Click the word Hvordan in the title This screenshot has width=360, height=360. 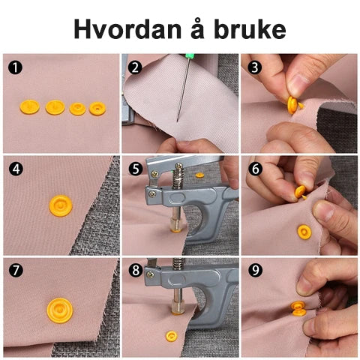127,29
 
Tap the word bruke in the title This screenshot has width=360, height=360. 250,29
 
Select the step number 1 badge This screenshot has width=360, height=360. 15,67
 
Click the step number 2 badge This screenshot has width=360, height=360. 135,67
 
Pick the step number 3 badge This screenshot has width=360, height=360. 254,67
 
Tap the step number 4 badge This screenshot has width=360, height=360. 16,169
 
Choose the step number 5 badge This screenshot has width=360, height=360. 135,169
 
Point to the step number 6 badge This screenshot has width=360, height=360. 255,169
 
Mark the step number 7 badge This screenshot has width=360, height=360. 16,270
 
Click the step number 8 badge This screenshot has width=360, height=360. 136,270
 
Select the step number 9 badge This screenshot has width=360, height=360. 255,270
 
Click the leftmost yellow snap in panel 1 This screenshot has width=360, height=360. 29,106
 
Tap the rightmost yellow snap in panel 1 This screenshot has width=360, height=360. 97,109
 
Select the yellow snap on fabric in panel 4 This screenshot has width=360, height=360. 61,205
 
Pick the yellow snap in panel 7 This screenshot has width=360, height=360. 60,310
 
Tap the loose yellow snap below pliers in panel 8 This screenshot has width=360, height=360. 172,336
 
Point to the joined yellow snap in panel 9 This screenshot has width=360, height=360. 298,308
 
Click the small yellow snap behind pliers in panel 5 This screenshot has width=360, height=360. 199,175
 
